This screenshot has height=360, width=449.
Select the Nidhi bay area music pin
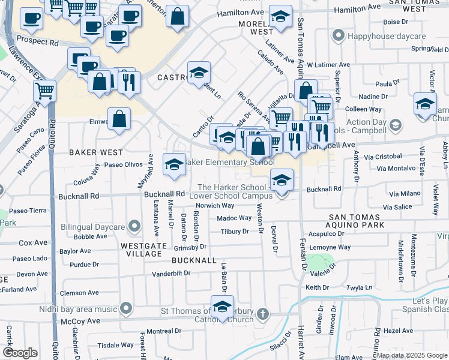(x=125, y=308)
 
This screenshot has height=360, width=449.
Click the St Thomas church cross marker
(x=262, y=314)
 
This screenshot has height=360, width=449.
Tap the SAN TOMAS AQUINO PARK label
(x=363, y=225)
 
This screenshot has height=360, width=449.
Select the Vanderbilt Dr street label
(x=171, y=273)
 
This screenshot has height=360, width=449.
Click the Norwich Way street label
(x=214, y=205)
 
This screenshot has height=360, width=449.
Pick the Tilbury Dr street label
(x=234, y=232)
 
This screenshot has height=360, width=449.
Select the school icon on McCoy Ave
(x=222, y=305)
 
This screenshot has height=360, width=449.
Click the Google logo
(x=20, y=353)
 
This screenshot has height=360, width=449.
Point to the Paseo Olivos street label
(x=122, y=164)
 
